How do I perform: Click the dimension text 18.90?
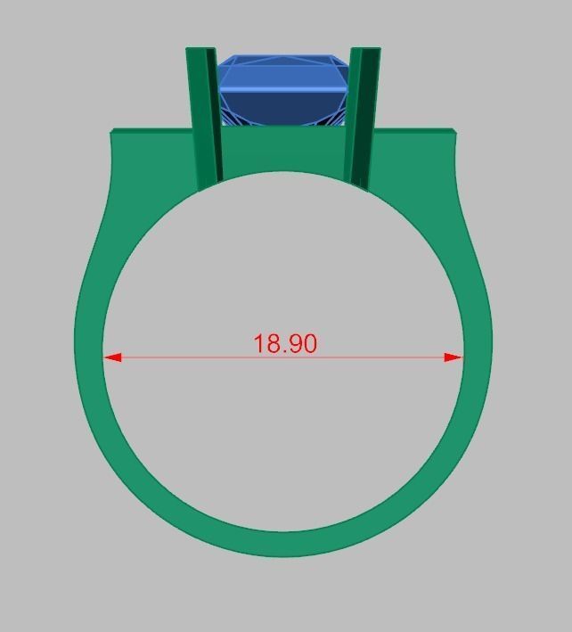pyautogui.click(x=285, y=343)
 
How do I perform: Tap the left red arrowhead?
pyautogui.click(x=112, y=357)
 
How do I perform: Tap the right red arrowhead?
pyautogui.click(x=454, y=357)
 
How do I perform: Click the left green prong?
pyautogui.click(x=203, y=116)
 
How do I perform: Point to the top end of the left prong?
pyautogui.click(x=200, y=50)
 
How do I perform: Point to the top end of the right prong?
pyautogui.click(x=365, y=50)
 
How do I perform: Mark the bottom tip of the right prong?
pyautogui.click(x=358, y=187)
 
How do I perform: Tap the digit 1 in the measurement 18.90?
pyautogui.click(x=259, y=343)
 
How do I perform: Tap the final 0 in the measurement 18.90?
pyautogui.click(x=308, y=343)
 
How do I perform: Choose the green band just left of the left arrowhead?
pyautogui.click(x=89, y=357)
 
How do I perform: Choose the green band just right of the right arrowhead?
pyautogui.click(x=477, y=357)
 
